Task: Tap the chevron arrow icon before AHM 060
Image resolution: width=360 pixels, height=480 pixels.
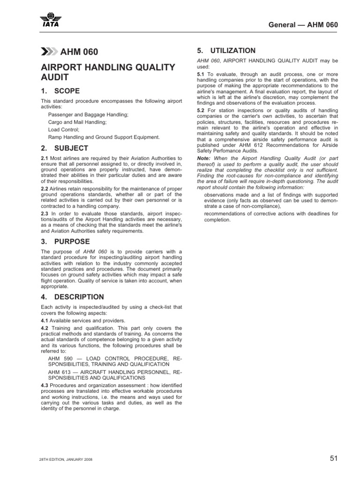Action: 49,52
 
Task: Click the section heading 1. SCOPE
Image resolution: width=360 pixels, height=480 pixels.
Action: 60,91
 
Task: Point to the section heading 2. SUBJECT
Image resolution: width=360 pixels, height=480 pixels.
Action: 64,149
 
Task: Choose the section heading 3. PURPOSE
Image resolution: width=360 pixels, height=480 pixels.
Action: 65,241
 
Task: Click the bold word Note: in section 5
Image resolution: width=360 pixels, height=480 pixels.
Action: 204,158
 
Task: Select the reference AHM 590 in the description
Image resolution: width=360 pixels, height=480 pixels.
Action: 60,358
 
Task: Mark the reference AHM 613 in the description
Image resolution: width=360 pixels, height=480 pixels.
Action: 60,371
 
